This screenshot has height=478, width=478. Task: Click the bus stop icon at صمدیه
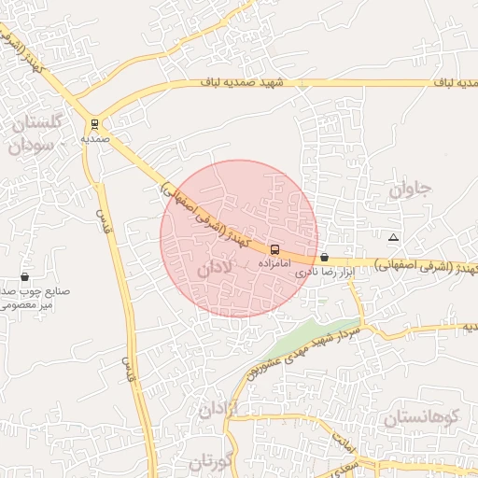pyautogui.click(x=94, y=123)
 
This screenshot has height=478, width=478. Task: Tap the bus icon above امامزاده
pyautogui.click(x=274, y=249)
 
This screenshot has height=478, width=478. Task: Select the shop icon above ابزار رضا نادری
pyautogui.click(x=324, y=257)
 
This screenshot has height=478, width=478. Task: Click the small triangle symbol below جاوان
pyautogui.click(x=393, y=237)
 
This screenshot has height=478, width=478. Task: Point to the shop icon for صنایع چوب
pyautogui.click(x=24, y=277)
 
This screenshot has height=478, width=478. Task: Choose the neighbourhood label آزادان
pyautogui.click(x=219, y=409)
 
